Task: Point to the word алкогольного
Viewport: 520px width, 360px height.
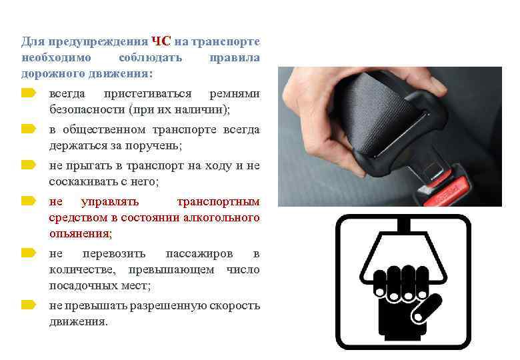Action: tap(224, 217)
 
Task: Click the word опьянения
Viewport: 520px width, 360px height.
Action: tap(79, 233)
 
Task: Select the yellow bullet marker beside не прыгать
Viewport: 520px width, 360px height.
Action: tap(27, 164)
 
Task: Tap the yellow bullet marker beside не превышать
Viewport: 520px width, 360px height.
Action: tap(27, 305)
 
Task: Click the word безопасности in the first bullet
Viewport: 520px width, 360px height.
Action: tap(87, 109)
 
